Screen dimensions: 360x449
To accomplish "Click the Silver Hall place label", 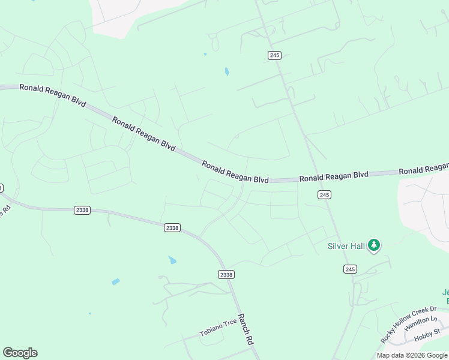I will (x=346, y=246).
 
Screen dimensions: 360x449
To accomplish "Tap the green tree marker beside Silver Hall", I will (x=375, y=245).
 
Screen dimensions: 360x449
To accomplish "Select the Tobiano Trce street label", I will (x=218, y=328).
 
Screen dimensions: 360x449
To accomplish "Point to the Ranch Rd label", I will (x=246, y=329).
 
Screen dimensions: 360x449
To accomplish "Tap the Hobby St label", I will (x=428, y=332).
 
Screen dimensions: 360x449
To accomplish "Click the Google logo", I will (x=20, y=353).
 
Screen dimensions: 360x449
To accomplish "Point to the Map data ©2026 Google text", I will (x=411, y=355).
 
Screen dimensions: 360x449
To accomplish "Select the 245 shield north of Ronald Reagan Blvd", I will (x=274, y=55).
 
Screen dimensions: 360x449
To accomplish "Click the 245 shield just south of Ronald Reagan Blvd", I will (x=324, y=195).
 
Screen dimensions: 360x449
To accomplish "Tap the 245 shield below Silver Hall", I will (x=350, y=269).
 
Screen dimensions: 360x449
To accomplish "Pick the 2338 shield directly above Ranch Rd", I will (x=226, y=274).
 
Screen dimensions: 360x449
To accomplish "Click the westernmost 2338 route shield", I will (x=82, y=210).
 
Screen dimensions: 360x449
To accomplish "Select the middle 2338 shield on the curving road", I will (x=172, y=228).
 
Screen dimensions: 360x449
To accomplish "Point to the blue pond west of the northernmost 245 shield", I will (x=226, y=72).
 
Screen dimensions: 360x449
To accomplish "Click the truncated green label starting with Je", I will (x=445, y=293).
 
